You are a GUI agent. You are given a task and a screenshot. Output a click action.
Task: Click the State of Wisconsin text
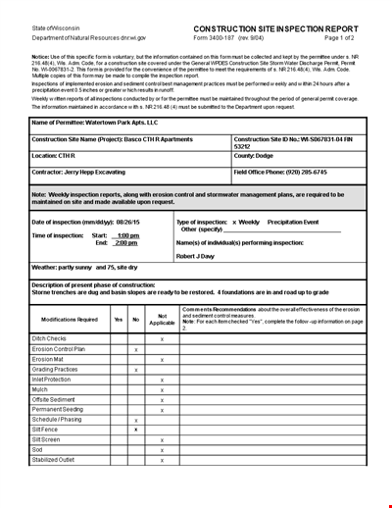click(56, 28)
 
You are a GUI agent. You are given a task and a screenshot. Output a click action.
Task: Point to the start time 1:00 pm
click(127, 236)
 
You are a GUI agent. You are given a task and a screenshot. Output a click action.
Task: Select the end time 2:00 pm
click(127, 242)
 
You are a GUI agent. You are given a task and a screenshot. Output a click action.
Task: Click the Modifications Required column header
click(69, 319)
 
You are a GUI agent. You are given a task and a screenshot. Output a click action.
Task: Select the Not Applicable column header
click(162, 319)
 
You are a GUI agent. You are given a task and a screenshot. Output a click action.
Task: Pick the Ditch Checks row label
click(51, 338)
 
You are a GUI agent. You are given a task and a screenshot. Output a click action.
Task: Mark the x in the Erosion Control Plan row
click(136, 349)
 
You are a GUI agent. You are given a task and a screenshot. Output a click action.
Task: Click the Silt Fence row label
click(46, 430)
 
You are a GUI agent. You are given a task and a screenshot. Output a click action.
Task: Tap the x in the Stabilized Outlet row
click(162, 460)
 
